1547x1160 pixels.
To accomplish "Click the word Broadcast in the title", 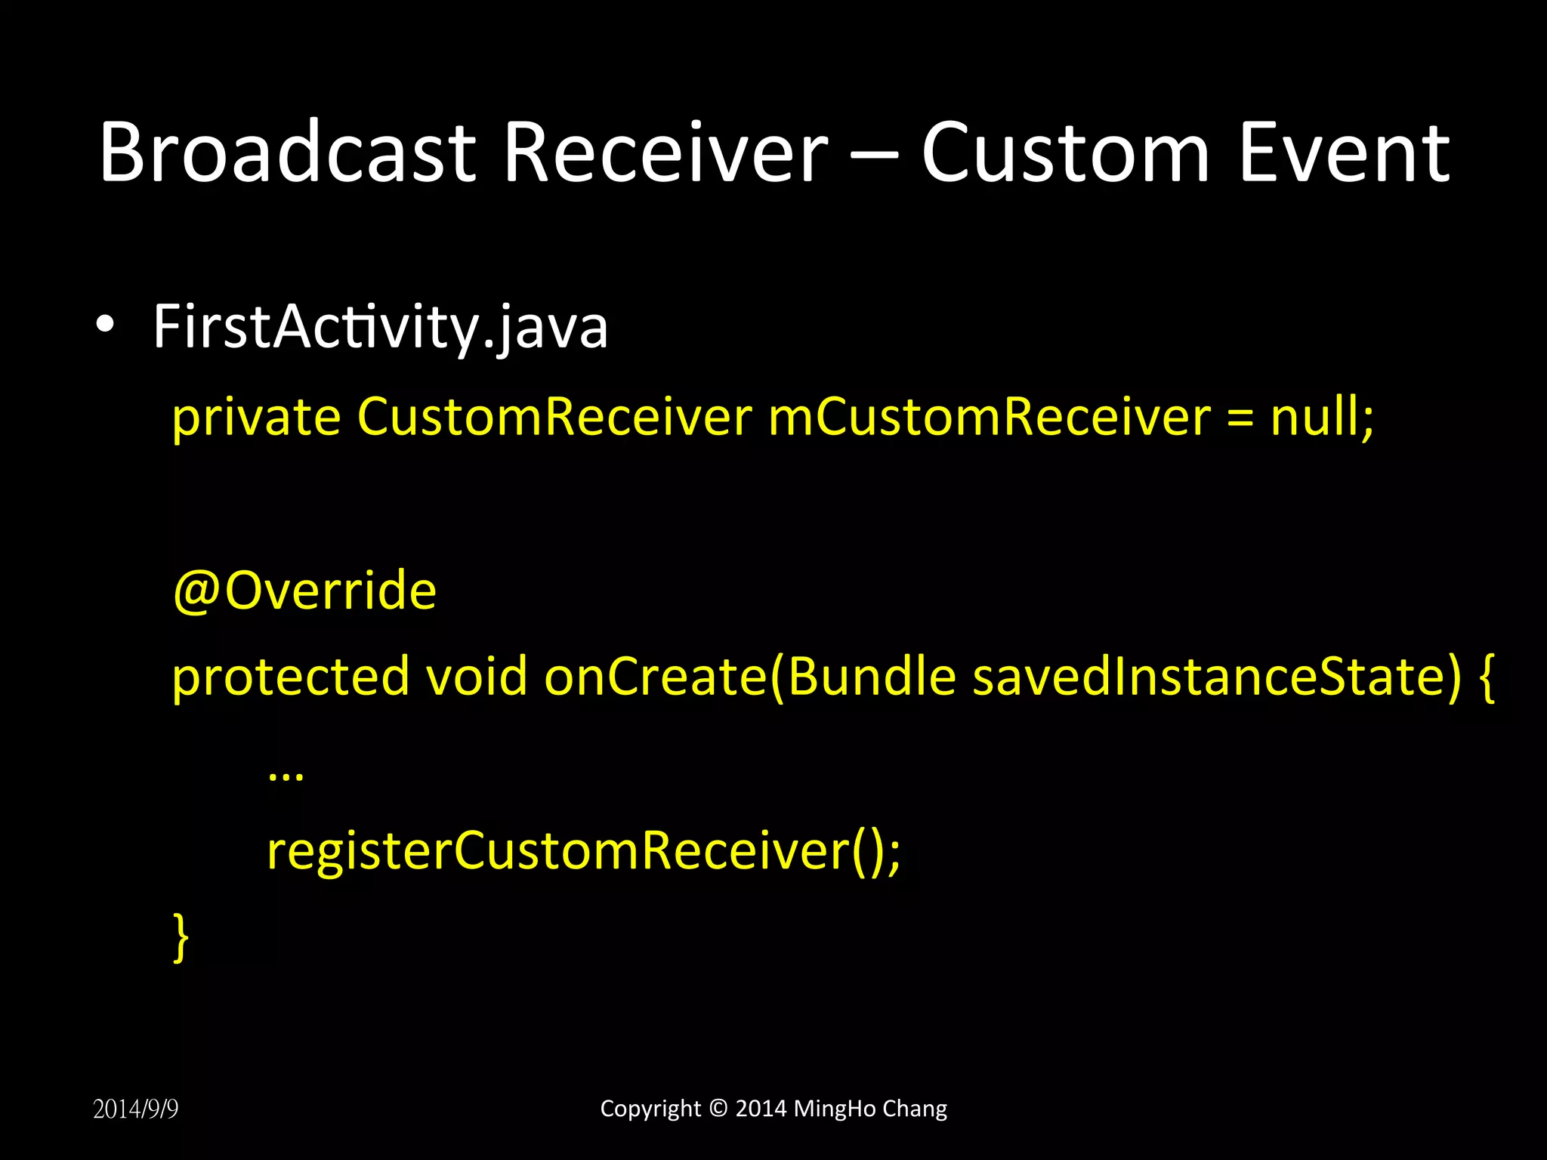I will pos(287,153).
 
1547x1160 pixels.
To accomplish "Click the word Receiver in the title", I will pos(666,153).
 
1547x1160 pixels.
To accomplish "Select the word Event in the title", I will pos(1345,153).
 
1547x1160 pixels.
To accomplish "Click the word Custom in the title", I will pos(1065,153).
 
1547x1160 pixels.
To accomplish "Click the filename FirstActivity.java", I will pos(380,326).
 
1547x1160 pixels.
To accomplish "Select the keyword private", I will pos(256,417).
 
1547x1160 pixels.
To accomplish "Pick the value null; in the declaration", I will pos(1322,417).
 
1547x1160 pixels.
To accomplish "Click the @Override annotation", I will pos(304,591).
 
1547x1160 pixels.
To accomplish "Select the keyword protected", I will pos(291,677).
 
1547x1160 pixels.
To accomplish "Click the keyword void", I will pos(477,677).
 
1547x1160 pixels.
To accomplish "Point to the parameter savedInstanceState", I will pos(1216,677).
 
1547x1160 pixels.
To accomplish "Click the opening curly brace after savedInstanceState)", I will pos(1487,677).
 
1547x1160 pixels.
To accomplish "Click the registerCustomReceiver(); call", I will pos(583,851).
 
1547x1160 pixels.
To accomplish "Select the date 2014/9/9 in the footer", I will pos(136,1109).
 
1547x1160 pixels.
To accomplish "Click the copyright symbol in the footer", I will pos(719,1109).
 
